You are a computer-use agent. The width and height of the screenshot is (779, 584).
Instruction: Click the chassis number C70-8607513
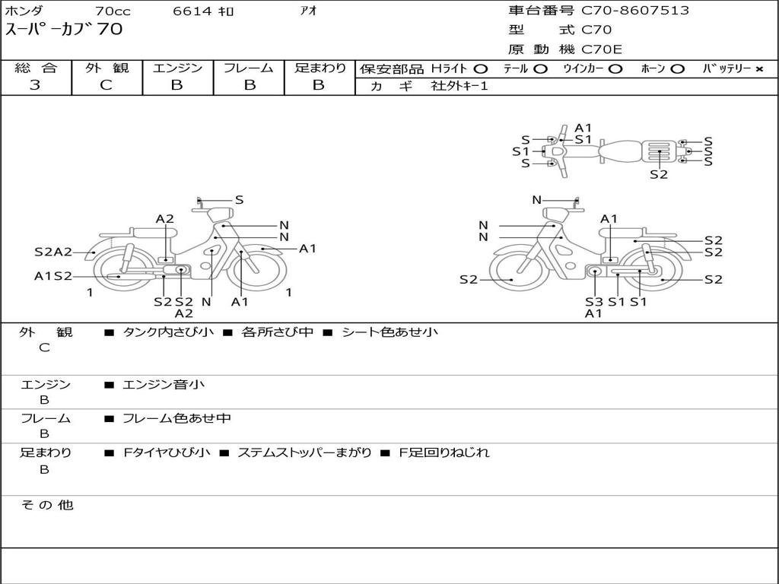point(635,11)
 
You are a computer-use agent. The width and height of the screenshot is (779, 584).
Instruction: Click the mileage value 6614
point(192,11)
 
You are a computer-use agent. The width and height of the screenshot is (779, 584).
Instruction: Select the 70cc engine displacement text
point(112,11)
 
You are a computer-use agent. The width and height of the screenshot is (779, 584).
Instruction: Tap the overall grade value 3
point(35,85)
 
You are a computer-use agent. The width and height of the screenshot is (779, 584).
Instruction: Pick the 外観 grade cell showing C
point(107,85)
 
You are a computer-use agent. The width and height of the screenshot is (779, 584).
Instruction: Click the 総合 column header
point(36,68)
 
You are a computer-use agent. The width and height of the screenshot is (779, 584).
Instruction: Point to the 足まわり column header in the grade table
point(320,68)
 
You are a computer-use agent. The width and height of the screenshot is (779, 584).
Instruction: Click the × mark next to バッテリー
point(758,69)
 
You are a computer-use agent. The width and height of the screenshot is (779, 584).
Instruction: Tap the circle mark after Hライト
point(481,69)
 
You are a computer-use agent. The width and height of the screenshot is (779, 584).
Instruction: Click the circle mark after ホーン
point(677,69)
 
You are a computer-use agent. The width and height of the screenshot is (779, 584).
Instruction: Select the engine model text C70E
point(602,50)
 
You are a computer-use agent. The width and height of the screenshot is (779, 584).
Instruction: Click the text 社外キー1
point(459,87)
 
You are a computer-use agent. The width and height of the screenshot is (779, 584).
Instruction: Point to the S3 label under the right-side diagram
point(594,302)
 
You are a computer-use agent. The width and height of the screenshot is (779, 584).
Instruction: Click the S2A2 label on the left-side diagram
point(53,252)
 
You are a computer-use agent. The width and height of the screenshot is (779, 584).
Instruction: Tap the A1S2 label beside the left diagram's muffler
point(53,276)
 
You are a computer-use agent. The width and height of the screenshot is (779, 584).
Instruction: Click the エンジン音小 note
point(164,385)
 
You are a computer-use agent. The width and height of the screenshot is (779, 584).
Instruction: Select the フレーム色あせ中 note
point(176,418)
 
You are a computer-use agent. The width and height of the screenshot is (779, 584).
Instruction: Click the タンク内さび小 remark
point(168,332)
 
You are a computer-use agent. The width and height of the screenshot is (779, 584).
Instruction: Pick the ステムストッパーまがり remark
point(304,452)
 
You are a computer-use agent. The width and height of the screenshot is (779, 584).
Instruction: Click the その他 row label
point(46,505)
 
